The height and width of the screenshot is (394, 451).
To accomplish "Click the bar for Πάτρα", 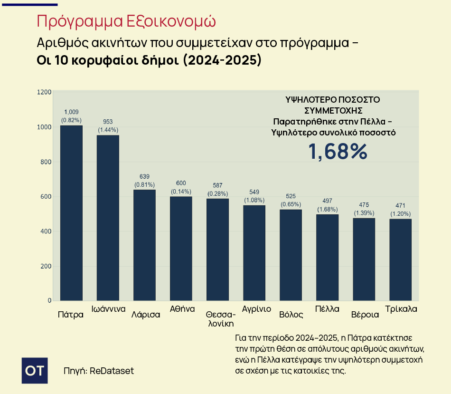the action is pos(71,213).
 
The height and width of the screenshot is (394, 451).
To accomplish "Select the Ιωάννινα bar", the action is pos(108,218).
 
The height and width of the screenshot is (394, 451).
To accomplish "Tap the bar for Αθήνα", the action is pos(181,249).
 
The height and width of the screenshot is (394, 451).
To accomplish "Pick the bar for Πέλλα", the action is pos(327,258).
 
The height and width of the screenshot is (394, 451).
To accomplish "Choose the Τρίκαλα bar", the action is pos(400,260).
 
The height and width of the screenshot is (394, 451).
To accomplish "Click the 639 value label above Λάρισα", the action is pos(144,176).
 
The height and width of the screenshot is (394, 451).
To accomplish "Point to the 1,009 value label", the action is pos(71,112).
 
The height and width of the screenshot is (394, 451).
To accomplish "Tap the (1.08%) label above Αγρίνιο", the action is pos(254,200).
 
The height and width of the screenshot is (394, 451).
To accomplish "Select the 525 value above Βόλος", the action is pos(291,196).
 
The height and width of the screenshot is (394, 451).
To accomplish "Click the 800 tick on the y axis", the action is pos(46,162).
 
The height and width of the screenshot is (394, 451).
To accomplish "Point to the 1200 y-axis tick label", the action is pos(44,92).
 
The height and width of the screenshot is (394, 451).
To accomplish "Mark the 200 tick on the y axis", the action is pos(46,266).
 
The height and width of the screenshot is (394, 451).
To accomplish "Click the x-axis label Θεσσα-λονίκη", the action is pos(221,319).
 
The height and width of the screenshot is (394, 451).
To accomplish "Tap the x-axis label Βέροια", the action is pos(365,315).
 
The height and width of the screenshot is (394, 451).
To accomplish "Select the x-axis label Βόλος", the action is pos(291,315).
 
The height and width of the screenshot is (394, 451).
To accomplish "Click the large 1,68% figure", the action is pos(338,152).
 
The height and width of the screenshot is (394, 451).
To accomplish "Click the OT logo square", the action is pos(35,371).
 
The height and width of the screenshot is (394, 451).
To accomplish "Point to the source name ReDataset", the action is pos(112,371).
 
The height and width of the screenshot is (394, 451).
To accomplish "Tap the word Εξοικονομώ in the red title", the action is pos(171,21).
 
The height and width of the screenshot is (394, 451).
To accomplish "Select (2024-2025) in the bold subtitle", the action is pos(222,60).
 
